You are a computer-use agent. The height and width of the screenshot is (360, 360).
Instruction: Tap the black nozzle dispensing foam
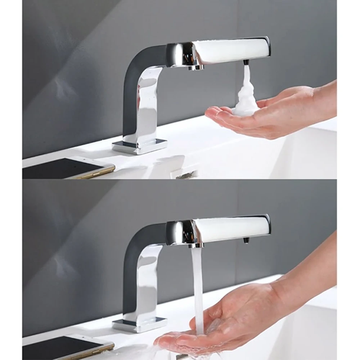coord(246,62)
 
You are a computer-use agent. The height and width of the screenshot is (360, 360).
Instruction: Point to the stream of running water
coord(197,284)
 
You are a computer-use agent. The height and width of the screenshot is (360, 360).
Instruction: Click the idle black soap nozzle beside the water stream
coord(246,240)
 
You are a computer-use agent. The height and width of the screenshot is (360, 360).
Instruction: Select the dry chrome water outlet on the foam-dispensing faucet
coord(196,67)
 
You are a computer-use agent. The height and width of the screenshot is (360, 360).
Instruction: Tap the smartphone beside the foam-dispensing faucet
coord(68,168)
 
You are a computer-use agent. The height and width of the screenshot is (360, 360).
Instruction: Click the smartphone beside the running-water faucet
coord(68,346)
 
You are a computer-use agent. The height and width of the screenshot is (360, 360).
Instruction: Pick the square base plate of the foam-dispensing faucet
coord(140,145)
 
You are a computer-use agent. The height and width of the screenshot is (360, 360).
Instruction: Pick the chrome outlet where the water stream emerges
coord(196,245)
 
